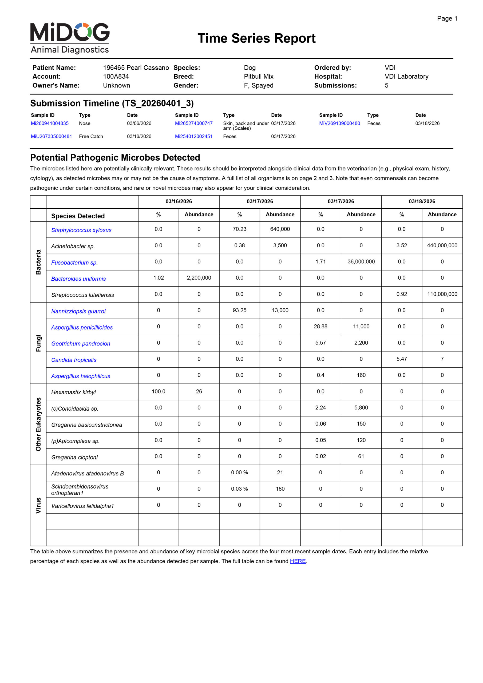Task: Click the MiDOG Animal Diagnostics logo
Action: tap(70, 38)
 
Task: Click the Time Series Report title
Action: tap(256, 38)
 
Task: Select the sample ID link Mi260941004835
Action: tap(50, 123)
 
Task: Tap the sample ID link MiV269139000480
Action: tap(339, 123)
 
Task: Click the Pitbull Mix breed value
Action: tap(258, 77)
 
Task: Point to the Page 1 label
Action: tap(447, 18)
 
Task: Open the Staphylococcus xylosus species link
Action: tap(81, 230)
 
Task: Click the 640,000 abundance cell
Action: tap(280, 229)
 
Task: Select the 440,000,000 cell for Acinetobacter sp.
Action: tap(442, 245)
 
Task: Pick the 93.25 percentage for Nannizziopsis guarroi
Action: tap(239, 310)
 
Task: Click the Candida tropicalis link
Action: tap(74, 360)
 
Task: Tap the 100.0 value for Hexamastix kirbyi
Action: tap(158, 391)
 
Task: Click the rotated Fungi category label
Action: tap(38, 343)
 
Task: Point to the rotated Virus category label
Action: tap(38, 505)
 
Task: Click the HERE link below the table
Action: tap(298, 561)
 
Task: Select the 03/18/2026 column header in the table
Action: tap(422, 201)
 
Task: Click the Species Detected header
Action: tap(78, 216)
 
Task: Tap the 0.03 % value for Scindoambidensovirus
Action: tap(239, 489)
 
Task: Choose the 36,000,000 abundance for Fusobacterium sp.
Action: tap(361, 261)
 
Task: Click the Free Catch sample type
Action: tap(91, 136)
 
